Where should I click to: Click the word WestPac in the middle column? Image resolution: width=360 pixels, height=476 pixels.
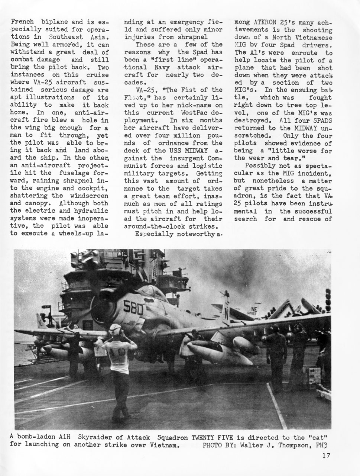coord(189,113)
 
